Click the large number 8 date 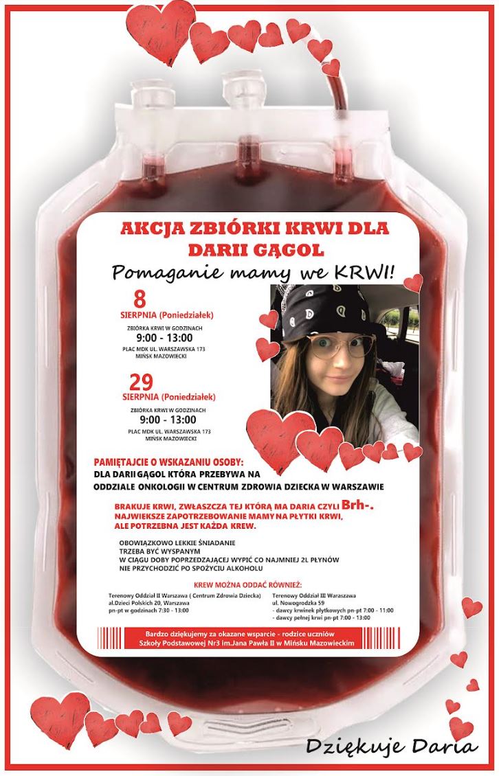pos(140,299)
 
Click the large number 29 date pos(141,381)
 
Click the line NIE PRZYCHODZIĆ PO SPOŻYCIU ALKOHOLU pos(191,569)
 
